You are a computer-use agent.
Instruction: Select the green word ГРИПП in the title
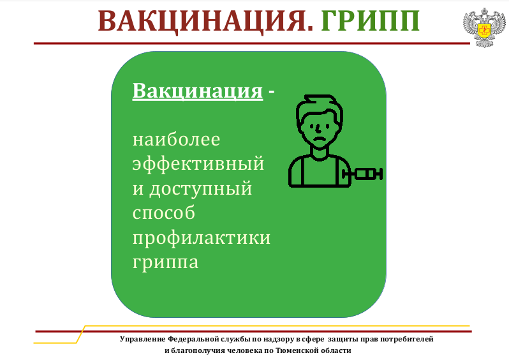371,21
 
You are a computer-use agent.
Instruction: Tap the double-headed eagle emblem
484,27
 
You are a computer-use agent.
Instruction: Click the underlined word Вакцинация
197,91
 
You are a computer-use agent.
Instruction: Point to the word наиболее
176,140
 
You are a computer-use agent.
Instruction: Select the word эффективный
198,163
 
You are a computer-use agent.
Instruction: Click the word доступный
201,189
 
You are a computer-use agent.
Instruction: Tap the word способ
163,213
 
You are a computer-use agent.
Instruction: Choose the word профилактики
202,238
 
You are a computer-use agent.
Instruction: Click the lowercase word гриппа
165,262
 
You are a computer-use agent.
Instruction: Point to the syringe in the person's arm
362,174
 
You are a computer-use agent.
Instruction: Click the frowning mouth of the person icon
320,139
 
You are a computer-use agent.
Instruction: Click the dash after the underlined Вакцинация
271,93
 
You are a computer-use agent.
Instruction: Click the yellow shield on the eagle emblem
484,31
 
